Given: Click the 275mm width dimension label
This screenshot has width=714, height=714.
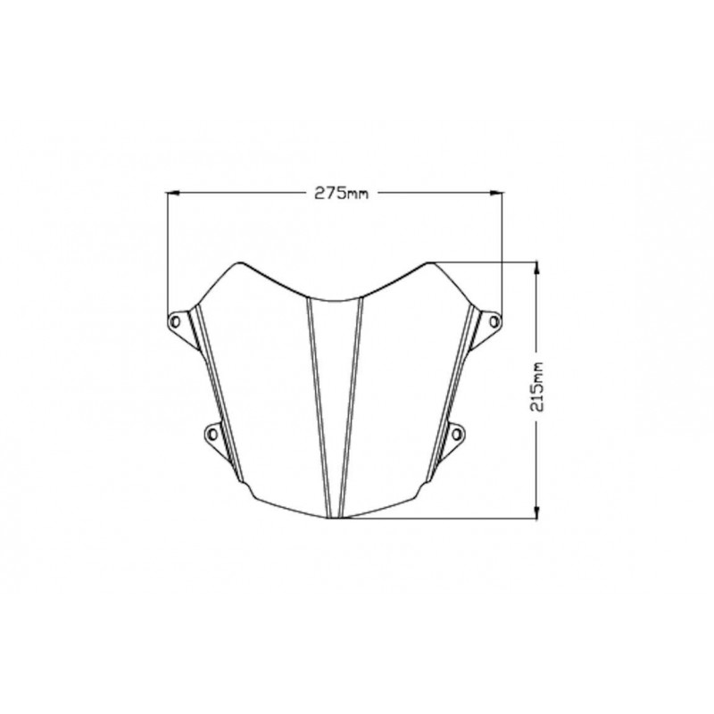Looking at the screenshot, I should coord(335,192).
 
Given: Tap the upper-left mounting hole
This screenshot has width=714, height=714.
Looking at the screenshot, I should coord(176,320).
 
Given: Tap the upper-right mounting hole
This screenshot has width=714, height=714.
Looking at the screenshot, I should coord(494,320).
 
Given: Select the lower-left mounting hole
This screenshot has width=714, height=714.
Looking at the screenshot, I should coord(212,435).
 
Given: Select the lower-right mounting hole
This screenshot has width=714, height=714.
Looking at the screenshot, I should coord(457,435).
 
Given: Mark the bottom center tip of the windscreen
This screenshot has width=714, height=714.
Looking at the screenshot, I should coord(335,519).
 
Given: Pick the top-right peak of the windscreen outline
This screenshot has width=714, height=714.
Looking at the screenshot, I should coord(429,262).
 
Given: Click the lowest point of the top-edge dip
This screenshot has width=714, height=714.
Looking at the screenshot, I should coord(335,298).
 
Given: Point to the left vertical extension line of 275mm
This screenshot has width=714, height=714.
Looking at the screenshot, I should coord(169,259).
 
